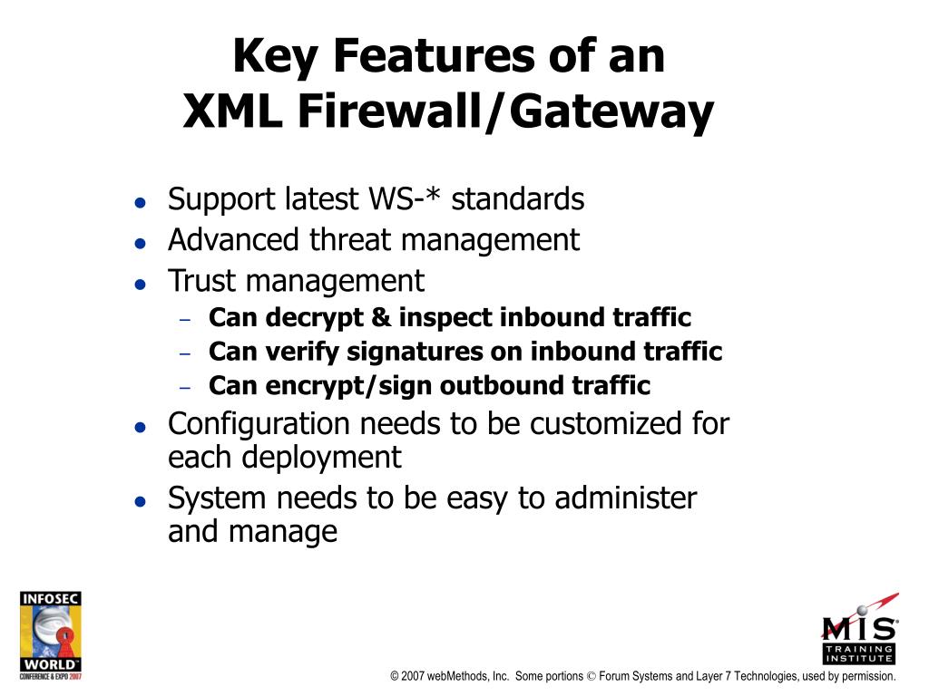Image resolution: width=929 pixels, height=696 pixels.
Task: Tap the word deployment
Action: click(x=321, y=458)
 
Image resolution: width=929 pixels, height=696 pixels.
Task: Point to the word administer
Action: click(x=625, y=498)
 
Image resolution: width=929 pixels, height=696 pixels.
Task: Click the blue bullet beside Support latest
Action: click(x=140, y=202)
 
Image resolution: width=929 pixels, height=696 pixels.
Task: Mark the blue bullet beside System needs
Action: click(x=140, y=501)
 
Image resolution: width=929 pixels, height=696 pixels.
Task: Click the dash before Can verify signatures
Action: click(x=186, y=353)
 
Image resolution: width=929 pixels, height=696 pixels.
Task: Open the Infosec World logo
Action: click(x=51, y=636)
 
